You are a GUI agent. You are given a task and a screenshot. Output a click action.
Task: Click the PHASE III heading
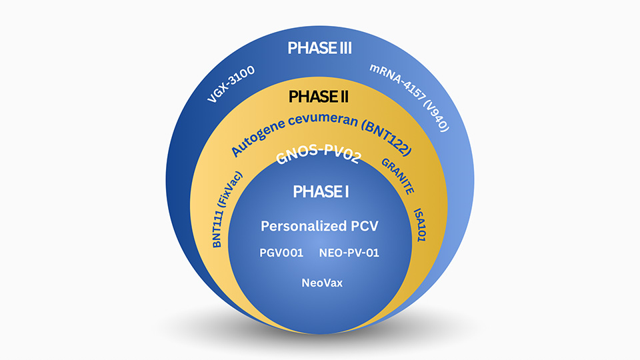[319, 49]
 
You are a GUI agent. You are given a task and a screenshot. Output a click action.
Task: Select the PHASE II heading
[319, 97]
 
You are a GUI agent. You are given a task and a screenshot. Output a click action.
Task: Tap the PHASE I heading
[321, 192]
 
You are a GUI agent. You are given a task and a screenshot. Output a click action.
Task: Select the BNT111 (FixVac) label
[227, 209]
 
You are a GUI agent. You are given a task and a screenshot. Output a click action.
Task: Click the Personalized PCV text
[319, 226]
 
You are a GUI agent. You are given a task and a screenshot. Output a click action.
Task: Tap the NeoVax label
[319, 283]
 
